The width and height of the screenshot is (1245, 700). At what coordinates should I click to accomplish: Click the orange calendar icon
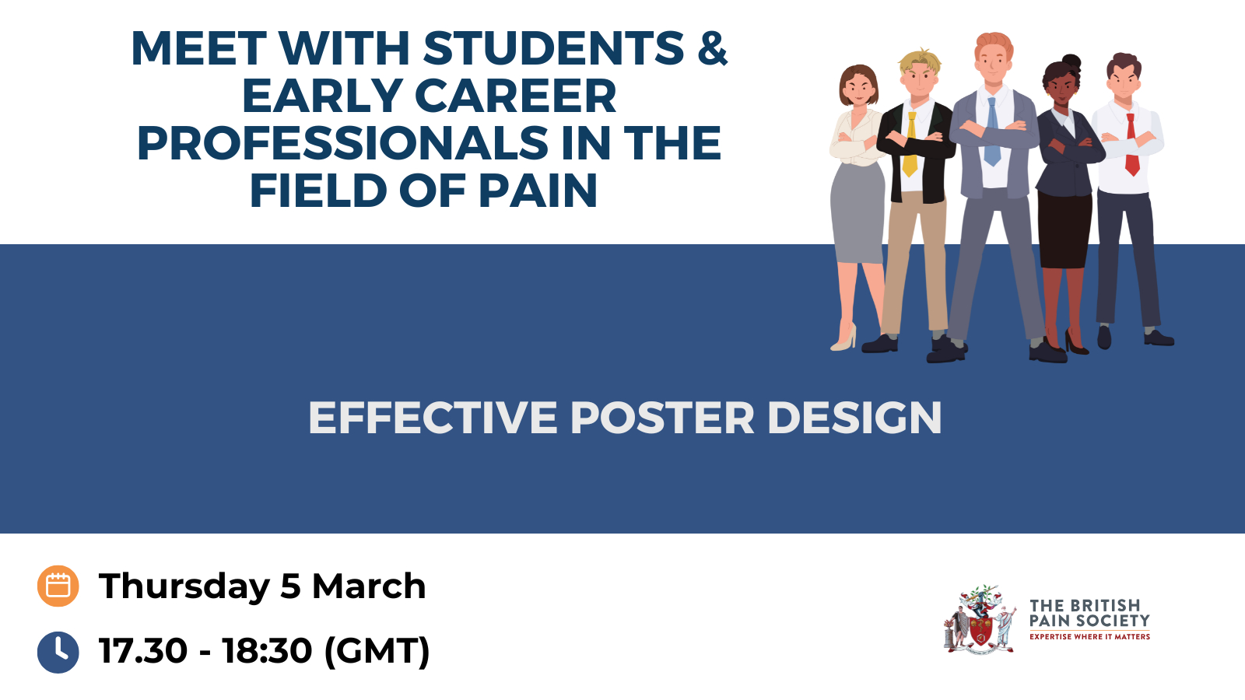(58, 586)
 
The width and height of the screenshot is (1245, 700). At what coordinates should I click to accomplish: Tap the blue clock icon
(58, 653)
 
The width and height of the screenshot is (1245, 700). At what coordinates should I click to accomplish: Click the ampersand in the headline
(712, 47)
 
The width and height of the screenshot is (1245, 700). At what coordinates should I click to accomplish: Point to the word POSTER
(662, 418)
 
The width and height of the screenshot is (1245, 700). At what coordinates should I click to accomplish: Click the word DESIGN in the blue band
(855, 418)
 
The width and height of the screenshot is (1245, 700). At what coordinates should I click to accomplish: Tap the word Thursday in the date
(184, 586)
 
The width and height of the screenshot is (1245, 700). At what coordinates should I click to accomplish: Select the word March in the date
(369, 586)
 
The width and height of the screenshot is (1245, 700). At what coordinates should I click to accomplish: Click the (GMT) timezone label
(377, 650)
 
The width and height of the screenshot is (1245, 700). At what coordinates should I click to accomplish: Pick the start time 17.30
(143, 650)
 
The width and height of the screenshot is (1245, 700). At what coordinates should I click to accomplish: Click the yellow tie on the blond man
(910, 145)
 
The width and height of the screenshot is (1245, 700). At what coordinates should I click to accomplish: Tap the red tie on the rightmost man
(1131, 145)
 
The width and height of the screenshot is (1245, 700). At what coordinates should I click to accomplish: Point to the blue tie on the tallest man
(992, 132)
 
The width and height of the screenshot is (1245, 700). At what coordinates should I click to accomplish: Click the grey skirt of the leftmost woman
(857, 213)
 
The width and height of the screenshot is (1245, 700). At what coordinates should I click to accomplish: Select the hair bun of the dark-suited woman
(1072, 61)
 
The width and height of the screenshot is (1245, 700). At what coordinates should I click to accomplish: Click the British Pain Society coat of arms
(980, 619)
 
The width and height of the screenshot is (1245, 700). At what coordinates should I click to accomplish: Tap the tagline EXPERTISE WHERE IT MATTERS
(1089, 637)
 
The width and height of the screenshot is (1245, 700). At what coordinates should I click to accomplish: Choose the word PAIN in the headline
(538, 191)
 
